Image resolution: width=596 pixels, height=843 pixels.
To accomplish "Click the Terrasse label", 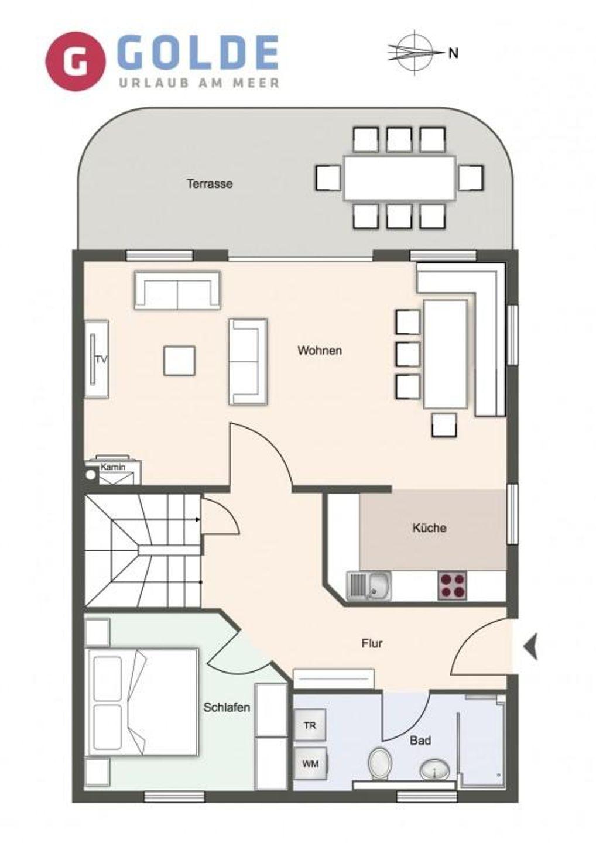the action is (210, 184).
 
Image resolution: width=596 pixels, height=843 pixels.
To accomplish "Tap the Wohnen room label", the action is (320, 350).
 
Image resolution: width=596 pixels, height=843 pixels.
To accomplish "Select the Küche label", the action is (429, 527).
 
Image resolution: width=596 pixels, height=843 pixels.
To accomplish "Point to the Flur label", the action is (372, 643).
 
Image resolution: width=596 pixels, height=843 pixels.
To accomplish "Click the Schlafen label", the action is (227, 707).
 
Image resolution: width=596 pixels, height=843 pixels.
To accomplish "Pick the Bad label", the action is (420, 740).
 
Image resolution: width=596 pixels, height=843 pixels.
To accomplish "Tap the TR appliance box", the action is (310, 725).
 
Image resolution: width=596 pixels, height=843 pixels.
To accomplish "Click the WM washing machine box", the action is (310, 763).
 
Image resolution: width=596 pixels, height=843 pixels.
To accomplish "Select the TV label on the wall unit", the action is (101, 359).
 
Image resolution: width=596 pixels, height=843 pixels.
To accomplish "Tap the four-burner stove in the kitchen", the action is (452, 585).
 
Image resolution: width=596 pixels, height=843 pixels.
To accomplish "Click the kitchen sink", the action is (369, 586).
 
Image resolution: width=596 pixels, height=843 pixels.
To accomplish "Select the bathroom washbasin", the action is (434, 768).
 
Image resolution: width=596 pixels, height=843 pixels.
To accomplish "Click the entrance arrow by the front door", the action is (530, 646).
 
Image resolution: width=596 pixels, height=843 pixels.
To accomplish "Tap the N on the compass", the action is (454, 54).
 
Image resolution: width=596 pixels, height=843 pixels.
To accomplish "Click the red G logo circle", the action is (76, 61).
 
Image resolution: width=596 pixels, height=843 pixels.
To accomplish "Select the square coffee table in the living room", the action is (180, 361).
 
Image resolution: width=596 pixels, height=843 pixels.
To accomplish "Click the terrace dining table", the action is (400, 177).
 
